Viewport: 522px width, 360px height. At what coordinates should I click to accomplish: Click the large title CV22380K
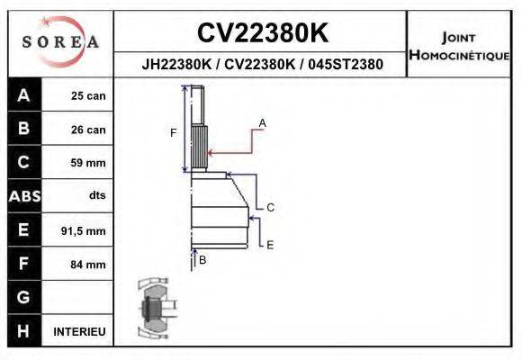point(262,33)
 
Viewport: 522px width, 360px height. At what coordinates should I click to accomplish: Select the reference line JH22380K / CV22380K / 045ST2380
point(262,65)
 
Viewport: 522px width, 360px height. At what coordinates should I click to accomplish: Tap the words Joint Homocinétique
point(459,46)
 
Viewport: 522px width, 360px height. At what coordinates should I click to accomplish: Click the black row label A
point(23,95)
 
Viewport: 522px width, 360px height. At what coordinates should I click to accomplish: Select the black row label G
point(23,297)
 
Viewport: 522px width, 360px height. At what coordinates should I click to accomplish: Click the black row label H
point(23,331)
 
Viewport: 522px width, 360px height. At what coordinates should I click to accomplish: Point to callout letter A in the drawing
point(263,121)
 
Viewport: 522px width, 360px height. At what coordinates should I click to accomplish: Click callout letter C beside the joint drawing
point(270,207)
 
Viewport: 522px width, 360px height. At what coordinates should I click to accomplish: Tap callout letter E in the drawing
point(270,244)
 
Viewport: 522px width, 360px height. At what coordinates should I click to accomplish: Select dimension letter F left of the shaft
point(174,132)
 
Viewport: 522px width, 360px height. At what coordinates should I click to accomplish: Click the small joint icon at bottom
point(153,309)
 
